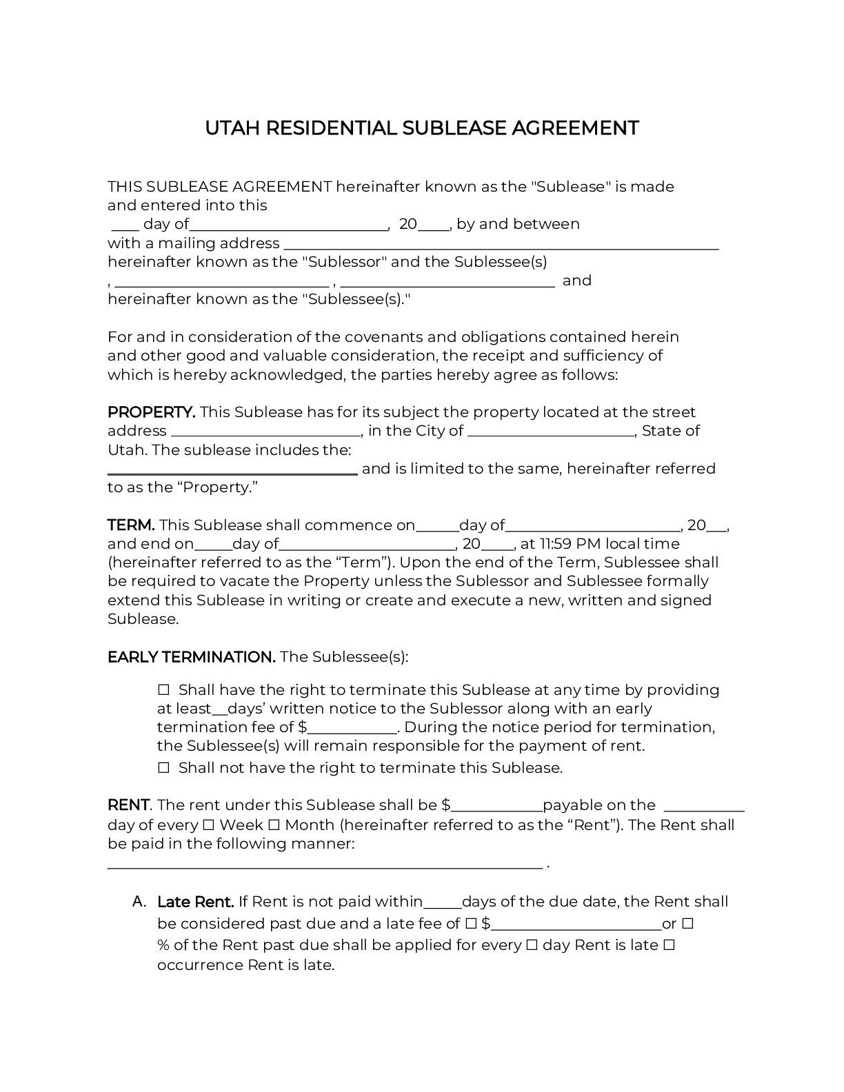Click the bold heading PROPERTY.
click(151, 412)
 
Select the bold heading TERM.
click(131, 525)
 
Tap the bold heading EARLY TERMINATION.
click(191, 657)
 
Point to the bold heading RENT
click(128, 805)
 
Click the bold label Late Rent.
click(196, 902)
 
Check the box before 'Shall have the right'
click(164, 690)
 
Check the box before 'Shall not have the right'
click(164, 768)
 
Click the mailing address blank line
click(501, 245)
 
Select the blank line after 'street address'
click(265, 432)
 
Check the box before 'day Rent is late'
click(532, 945)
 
